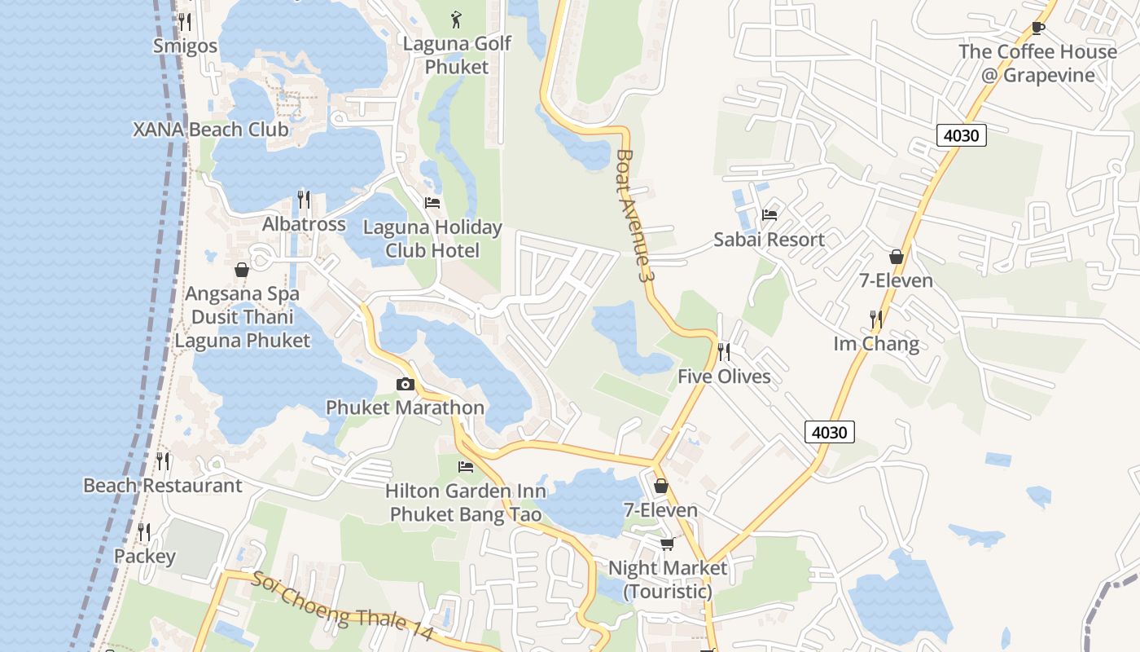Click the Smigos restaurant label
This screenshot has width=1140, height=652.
pyautogui.click(x=186, y=46)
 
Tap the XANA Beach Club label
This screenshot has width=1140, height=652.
pyautogui.click(x=211, y=130)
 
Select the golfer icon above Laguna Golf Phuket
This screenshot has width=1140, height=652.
pyautogui.click(x=456, y=19)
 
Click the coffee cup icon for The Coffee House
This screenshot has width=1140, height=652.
pyautogui.click(x=1037, y=29)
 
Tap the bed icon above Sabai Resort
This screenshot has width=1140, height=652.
pyautogui.click(x=769, y=215)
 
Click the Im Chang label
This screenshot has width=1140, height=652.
pyautogui.click(x=876, y=344)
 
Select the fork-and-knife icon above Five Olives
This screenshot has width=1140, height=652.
pyautogui.click(x=723, y=352)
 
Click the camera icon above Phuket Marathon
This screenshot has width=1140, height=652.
pyautogui.click(x=405, y=384)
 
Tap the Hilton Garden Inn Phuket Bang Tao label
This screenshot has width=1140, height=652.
pyautogui.click(x=466, y=503)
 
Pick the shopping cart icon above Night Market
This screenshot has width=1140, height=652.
pyautogui.click(x=667, y=544)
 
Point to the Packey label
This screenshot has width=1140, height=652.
pyautogui.click(x=145, y=557)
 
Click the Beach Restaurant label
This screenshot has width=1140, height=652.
pyautogui.click(x=163, y=486)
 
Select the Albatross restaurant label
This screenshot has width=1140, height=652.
pyautogui.click(x=304, y=224)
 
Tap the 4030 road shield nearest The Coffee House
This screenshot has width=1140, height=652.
pyautogui.click(x=961, y=135)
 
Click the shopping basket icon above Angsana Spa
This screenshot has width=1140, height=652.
pyautogui.click(x=242, y=270)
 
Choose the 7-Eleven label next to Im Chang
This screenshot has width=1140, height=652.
pyautogui.click(x=897, y=281)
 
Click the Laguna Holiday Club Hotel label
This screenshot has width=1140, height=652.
pyautogui.click(x=432, y=239)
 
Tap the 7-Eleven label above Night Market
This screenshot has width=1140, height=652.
pyautogui.click(x=660, y=511)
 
